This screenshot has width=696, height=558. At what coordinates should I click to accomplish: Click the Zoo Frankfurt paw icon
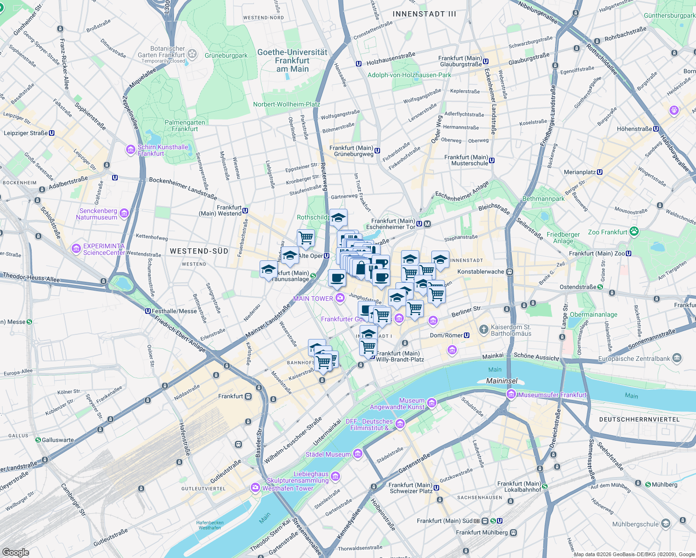coord(634,232)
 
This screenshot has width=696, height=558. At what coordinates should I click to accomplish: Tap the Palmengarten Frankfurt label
coord(185,126)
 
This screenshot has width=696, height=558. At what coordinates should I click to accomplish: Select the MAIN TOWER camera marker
coord(340,299)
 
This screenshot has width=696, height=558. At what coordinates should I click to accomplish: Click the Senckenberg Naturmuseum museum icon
coord(124,213)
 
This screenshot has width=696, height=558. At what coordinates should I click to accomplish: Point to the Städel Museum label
coord(328,454)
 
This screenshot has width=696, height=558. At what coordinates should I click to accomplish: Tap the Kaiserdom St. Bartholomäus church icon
coord(484,330)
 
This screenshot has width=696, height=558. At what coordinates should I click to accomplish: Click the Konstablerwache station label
coord(481,272)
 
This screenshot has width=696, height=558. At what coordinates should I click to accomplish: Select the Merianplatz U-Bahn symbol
coord(600,172)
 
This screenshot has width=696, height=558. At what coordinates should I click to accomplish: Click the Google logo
coord(15,552)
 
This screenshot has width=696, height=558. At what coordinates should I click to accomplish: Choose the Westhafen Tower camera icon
coord(255,488)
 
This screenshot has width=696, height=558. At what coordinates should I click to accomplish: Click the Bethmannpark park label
coord(543,199)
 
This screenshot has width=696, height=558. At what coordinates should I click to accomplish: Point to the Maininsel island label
coord(502,381)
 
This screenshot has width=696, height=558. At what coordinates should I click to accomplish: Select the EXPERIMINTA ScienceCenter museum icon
coord(76,249)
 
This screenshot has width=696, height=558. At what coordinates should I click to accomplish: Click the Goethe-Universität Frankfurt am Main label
coord(292,60)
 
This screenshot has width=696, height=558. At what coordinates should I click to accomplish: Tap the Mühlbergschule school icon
coord(666,524)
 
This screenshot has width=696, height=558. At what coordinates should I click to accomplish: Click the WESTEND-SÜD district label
coord(199,251)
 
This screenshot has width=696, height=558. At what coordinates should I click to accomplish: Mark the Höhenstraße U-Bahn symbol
coord(656,129)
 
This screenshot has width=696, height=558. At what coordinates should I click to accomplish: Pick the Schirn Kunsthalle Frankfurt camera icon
coord(131,150)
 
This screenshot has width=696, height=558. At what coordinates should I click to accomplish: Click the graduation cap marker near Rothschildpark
coord(338,218)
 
